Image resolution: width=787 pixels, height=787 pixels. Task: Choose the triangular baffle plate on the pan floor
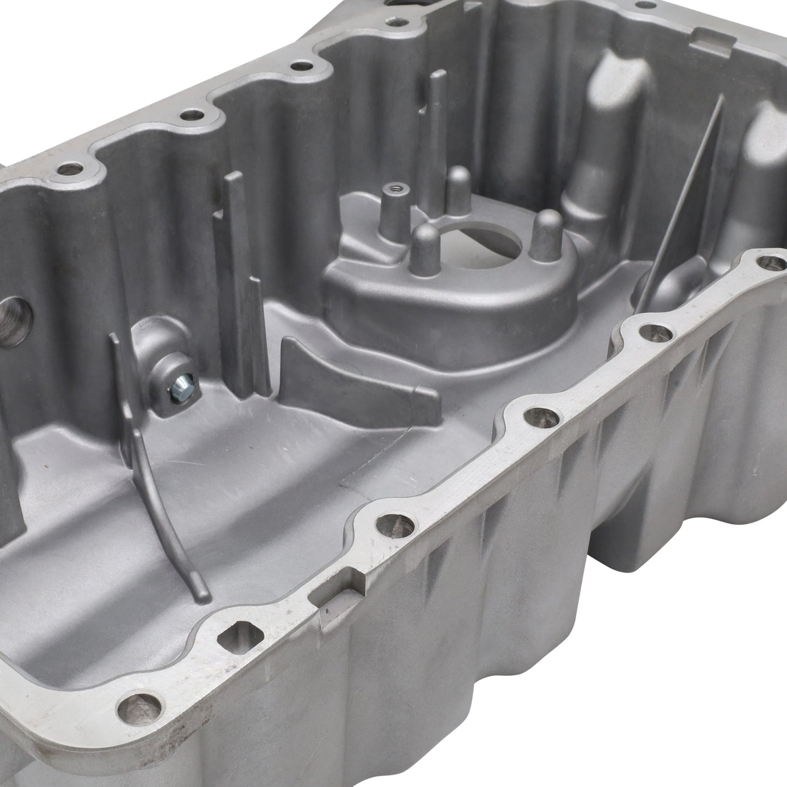point(349,376)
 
